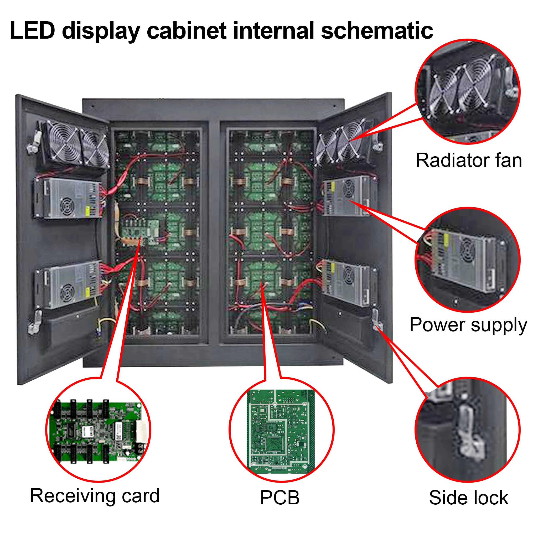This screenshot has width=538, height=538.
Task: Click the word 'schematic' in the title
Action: point(377,30)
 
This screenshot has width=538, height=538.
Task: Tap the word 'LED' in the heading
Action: point(32,30)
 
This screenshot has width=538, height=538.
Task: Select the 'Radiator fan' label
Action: point(469,161)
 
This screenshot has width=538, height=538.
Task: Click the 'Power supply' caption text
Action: point(468,325)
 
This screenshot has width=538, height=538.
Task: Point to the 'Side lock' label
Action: point(469,498)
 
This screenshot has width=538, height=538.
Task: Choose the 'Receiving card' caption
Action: point(95,496)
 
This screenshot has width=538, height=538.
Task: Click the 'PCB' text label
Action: point(280,498)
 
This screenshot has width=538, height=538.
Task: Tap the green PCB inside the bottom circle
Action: point(281,432)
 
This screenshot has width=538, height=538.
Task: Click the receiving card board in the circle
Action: point(97,431)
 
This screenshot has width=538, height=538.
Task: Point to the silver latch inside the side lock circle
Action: point(470,434)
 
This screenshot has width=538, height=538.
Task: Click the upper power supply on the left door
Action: point(68,199)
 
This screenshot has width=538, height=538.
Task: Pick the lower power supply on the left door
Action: point(68,284)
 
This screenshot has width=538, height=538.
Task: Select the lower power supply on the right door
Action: point(346,283)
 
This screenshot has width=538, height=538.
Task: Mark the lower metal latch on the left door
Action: point(35,323)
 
